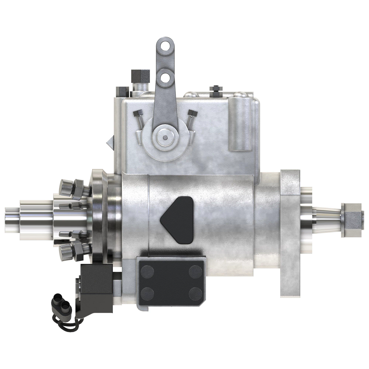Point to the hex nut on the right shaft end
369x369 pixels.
pyautogui.click(x=351, y=220)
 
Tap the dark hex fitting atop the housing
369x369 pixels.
pyautogui.click(x=140, y=75)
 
